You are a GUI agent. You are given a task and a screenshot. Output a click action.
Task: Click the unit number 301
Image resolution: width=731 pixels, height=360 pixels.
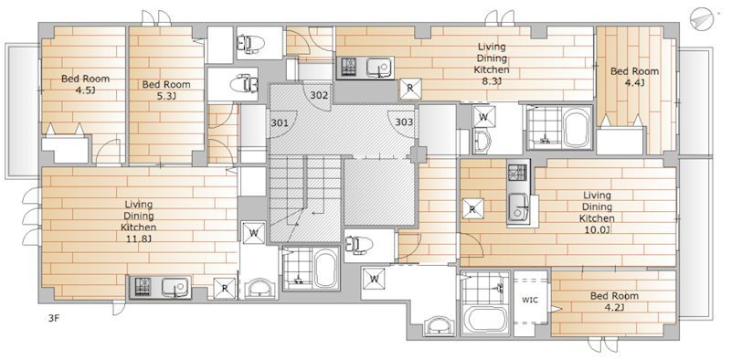(x=281, y=123)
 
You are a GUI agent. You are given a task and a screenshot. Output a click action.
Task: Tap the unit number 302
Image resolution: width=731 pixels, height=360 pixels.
(x=319, y=96)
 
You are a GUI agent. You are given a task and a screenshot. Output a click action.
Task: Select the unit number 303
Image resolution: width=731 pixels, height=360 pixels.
(x=404, y=122)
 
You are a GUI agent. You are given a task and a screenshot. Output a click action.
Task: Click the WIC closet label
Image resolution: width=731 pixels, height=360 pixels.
(x=530, y=300)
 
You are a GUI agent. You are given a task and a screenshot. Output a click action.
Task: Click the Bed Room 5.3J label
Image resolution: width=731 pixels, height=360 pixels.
(x=166, y=90)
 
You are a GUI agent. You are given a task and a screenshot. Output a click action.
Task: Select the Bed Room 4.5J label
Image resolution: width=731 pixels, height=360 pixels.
(x=85, y=84)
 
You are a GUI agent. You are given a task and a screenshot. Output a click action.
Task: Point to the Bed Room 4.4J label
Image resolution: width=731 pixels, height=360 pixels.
(x=635, y=77)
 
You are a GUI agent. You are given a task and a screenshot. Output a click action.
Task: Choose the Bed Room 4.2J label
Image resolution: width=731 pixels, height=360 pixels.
(x=614, y=302)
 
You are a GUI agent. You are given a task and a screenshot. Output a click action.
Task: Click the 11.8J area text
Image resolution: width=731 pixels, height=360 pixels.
(x=139, y=239)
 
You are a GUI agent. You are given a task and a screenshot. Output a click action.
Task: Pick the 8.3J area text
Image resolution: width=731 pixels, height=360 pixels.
(x=492, y=81)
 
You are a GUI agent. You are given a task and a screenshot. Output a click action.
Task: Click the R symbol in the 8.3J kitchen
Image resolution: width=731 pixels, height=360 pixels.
(x=410, y=89)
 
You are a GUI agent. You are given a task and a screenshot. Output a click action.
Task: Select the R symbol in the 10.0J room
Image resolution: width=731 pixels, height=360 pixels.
(x=472, y=209)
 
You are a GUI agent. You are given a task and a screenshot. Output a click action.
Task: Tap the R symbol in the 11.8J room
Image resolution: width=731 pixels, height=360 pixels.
(x=225, y=288)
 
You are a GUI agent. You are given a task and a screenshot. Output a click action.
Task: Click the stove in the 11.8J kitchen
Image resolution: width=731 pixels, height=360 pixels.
(x=143, y=287)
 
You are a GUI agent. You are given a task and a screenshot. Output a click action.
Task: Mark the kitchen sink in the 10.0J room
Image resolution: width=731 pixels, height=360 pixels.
(x=518, y=208)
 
